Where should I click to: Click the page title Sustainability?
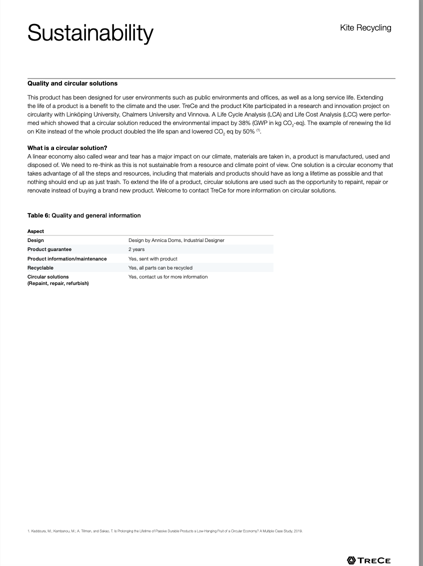[x=90, y=33]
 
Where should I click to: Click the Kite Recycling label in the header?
[x=365, y=28]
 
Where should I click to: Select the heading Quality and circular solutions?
[x=72, y=83]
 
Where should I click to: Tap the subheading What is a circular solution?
[x=67, y=148]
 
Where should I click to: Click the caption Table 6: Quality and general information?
[x=84, y=215]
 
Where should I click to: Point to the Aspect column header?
[x=36, y=231]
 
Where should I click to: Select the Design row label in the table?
[x=35, y=240]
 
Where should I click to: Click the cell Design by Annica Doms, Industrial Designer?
[x=176, y=240]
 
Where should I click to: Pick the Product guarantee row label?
[x=49, y=249]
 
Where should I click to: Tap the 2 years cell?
[x=136, y=249]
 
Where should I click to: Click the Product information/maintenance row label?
[x=67, y=258]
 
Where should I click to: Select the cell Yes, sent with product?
[x=153, y=258]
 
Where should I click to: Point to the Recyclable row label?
[x=40, y=267]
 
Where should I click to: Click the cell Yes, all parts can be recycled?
[x=160, y=267]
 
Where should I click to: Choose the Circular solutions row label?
[x=48, y=276]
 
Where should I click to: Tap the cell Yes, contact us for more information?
[x=168, y=276]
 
